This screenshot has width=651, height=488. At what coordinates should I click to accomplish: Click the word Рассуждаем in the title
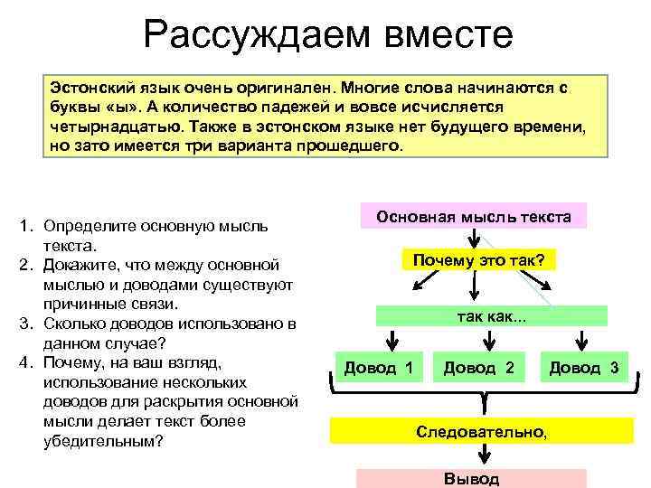click(x=246, y=36)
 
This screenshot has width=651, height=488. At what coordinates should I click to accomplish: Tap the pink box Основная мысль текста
click(x=473, y=217)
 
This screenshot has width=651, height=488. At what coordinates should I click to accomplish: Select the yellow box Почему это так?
click(x=478, y=261)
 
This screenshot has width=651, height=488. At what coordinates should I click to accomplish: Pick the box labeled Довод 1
click(x=379, y=368)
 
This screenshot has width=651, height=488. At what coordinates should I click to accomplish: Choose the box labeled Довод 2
click(x=478, y=368)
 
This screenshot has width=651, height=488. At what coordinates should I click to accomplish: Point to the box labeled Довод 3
click(x=584, y=368)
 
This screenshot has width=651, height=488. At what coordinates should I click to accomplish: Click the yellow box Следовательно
click(x=481, y=431)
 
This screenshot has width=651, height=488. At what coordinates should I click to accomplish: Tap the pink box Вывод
click(x=471, y=478)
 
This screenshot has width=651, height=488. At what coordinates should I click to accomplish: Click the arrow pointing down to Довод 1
click(x=392, y=342)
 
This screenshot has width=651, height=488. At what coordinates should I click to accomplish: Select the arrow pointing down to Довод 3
click(x=580, y=342)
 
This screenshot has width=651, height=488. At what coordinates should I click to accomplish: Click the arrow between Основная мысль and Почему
click(x=474, y=239)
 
